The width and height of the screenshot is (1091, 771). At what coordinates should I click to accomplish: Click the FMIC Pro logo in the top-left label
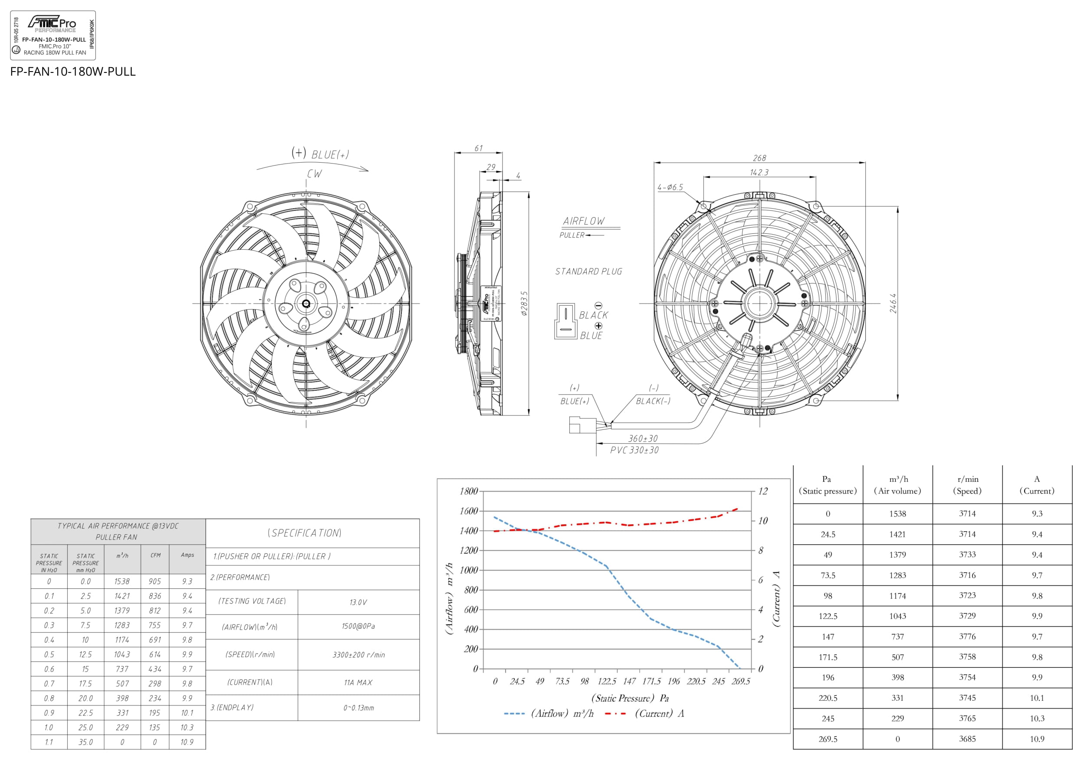[52, 23]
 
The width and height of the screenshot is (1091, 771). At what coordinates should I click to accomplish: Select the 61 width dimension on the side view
[478, 148]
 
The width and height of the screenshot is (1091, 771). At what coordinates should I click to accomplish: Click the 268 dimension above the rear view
[759, 158]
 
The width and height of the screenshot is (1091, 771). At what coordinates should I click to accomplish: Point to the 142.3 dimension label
[759, 172]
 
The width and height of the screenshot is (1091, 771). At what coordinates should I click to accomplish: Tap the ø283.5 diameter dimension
[524, 304]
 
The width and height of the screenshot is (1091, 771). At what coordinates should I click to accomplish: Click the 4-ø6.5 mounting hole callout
[670, 187]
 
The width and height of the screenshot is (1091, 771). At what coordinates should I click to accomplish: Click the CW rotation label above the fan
[314, 174]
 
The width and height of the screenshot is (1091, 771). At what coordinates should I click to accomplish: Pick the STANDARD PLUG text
[588, 271]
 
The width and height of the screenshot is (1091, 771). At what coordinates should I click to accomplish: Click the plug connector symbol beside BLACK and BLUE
[565, 321]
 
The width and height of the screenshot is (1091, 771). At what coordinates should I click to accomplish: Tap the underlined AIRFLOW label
[584, 221]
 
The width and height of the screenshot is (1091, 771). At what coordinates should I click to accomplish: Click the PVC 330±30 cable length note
[634, 450]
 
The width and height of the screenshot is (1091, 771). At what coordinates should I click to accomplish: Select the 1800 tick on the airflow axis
[469, 491]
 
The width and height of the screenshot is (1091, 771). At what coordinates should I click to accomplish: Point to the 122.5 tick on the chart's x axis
[607, 681]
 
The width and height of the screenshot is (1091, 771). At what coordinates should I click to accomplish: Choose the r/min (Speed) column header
[967, 485]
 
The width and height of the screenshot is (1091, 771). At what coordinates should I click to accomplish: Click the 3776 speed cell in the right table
[967, 636]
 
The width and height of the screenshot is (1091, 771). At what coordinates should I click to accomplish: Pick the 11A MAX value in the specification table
[358, 682]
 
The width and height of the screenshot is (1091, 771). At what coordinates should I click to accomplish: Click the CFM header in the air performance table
[155, 555]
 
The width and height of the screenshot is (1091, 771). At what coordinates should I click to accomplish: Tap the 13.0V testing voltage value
[358, 602]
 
